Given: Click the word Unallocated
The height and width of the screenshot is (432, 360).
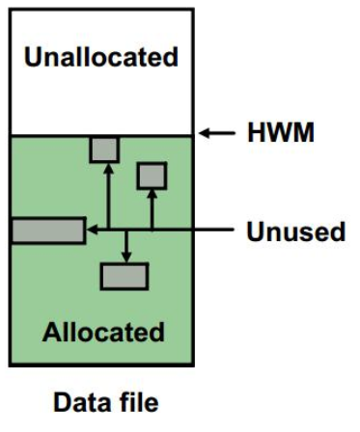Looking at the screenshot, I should coord(101,57).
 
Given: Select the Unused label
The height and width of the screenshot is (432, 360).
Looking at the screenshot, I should coord(294,231).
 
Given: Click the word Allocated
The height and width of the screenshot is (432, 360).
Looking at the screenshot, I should coord(103,333).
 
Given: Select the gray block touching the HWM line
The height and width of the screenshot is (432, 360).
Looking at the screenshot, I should coord(103,148).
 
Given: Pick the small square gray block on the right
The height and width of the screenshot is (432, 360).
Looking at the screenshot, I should coord(152,175).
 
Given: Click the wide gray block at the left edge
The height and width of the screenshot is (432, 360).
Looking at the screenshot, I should coord(47,230).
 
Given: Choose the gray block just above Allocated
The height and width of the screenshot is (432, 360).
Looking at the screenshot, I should coord(125,276).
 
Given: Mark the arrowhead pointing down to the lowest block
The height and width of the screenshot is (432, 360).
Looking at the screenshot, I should coord(125,257).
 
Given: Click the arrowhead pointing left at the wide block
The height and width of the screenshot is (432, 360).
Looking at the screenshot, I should coord(91,230).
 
